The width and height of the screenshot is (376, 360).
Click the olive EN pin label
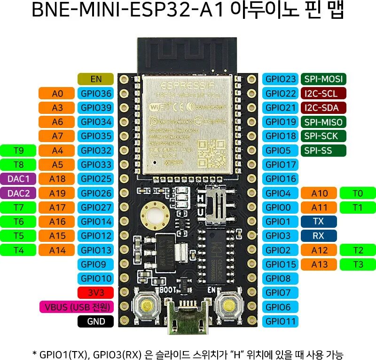(96, 79)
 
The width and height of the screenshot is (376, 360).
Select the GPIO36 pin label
(96, 94)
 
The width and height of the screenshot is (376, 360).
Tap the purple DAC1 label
(19, 179)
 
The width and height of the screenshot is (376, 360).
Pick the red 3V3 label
(96, 293)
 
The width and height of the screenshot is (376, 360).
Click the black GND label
(96, 321)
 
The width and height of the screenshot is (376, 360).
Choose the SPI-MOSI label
(323, 79)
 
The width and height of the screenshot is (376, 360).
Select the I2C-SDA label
(323, 108)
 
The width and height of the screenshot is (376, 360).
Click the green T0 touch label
(358, 193)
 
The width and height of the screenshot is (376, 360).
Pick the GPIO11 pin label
(281, 321)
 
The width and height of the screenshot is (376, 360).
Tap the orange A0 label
(57, 94)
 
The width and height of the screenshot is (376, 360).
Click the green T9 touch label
(19, 151)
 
